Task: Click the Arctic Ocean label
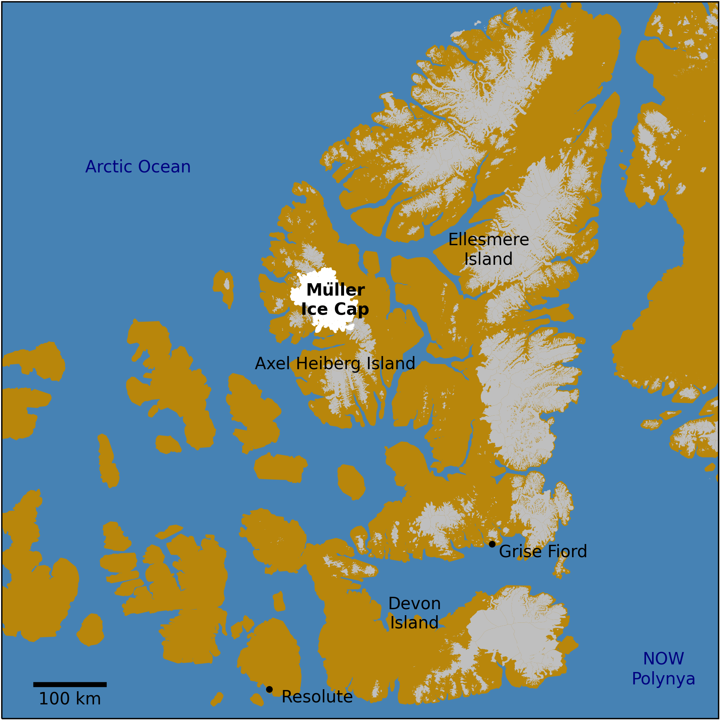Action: point(138,167)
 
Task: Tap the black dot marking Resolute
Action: point(269,689)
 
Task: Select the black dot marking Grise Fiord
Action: point(492,544)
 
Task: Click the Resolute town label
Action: point(317,697)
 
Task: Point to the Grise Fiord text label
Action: point(543,552)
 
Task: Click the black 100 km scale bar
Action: point(70,684)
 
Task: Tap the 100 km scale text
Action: point(70,699)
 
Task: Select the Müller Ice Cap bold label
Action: point(335,299)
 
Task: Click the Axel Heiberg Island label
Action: point(335,364)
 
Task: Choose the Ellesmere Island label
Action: point(488,249)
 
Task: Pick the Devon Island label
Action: point(414,613)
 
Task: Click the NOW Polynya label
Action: point(664,669)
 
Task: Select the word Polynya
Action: point(664,679)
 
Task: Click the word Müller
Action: point(336,290)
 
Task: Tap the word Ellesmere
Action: point(488,240)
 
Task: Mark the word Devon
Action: point(414,604)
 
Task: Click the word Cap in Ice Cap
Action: point(352,309)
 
